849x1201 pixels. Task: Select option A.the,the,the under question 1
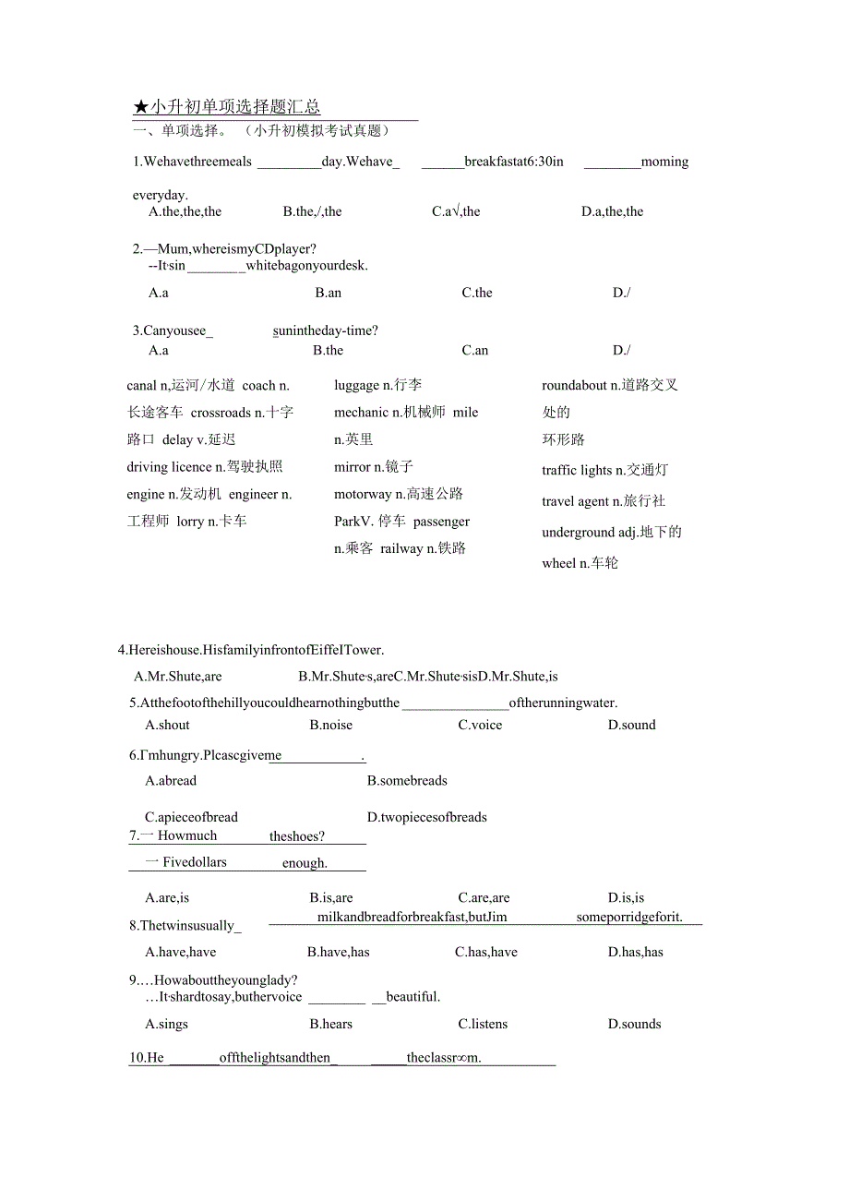click(x=185, y=211)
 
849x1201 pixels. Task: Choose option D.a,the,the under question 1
click(x=612, y=211)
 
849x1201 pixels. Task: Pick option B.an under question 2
click(x=328, y=293)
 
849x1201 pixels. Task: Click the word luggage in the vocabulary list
click(x=356, y=385)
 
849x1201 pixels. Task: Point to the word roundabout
click(x=574, y=385)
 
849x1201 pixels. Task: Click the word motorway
click(x=363, y=494)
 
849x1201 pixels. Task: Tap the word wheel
click(x=558, y=563)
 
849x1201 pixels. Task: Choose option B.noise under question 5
click(x=330, y=725)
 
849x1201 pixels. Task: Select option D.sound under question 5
click(x=631, y=725)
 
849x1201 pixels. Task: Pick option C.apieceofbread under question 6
click(x=191, y=817)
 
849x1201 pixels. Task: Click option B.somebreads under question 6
click(x=407, y=780)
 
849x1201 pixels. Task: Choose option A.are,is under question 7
click(x=166, y=897)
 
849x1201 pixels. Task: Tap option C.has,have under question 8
click(x=485, y=952)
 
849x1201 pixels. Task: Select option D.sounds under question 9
click(x=634, y=1024)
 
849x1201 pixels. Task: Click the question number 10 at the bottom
click(x=137, y=1058)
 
